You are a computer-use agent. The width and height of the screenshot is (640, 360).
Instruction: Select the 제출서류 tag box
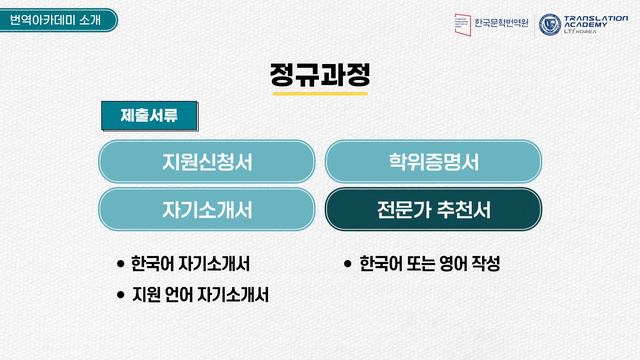(149, 116)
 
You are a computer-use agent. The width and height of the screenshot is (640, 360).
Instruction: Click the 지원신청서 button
(207, 161)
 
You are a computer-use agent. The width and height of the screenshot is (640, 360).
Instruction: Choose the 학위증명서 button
(433, 161)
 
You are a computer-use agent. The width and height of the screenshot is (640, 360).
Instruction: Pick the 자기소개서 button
(207, 211)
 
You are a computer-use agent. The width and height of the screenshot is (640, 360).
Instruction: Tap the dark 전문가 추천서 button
(433, 211)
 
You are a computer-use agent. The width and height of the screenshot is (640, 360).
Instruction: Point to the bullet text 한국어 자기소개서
(190, 265)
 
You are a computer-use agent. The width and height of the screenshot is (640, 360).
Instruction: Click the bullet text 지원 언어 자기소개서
(200, 296)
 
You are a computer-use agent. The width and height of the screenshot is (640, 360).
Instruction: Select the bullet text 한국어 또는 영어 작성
(428, 265)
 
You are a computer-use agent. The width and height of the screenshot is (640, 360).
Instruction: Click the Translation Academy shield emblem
(550, 24)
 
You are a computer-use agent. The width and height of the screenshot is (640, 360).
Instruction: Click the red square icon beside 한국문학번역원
(461, 24)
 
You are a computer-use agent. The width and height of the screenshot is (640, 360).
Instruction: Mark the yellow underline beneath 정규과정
(320, 93)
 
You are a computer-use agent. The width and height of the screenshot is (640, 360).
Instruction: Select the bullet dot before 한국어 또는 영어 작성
(347, 265)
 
